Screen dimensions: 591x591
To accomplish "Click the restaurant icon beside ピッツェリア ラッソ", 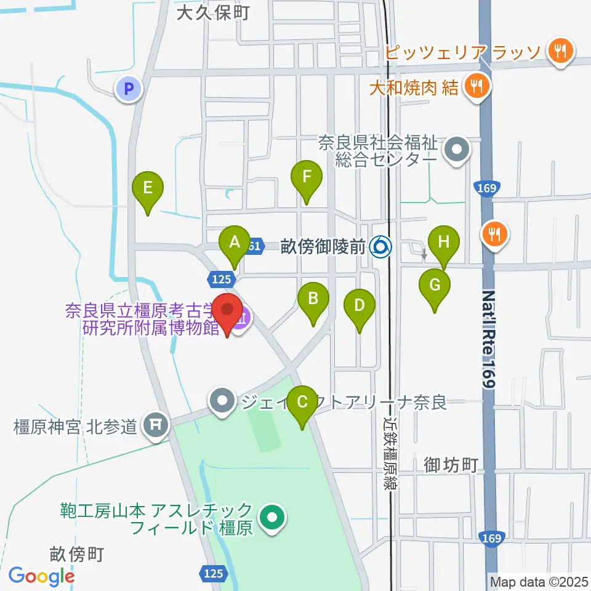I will point(560,52).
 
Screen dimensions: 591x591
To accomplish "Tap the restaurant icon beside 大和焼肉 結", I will point(476,87).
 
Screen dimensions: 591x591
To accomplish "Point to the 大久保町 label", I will point(212,13).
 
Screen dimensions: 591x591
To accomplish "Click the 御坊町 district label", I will point(451,465).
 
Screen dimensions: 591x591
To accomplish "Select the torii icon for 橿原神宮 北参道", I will point(157,425).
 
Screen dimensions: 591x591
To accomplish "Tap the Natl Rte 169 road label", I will point(489,339).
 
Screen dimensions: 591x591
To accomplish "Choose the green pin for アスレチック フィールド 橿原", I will point(271,518).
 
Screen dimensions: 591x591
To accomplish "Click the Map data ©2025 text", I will point(539,581).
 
